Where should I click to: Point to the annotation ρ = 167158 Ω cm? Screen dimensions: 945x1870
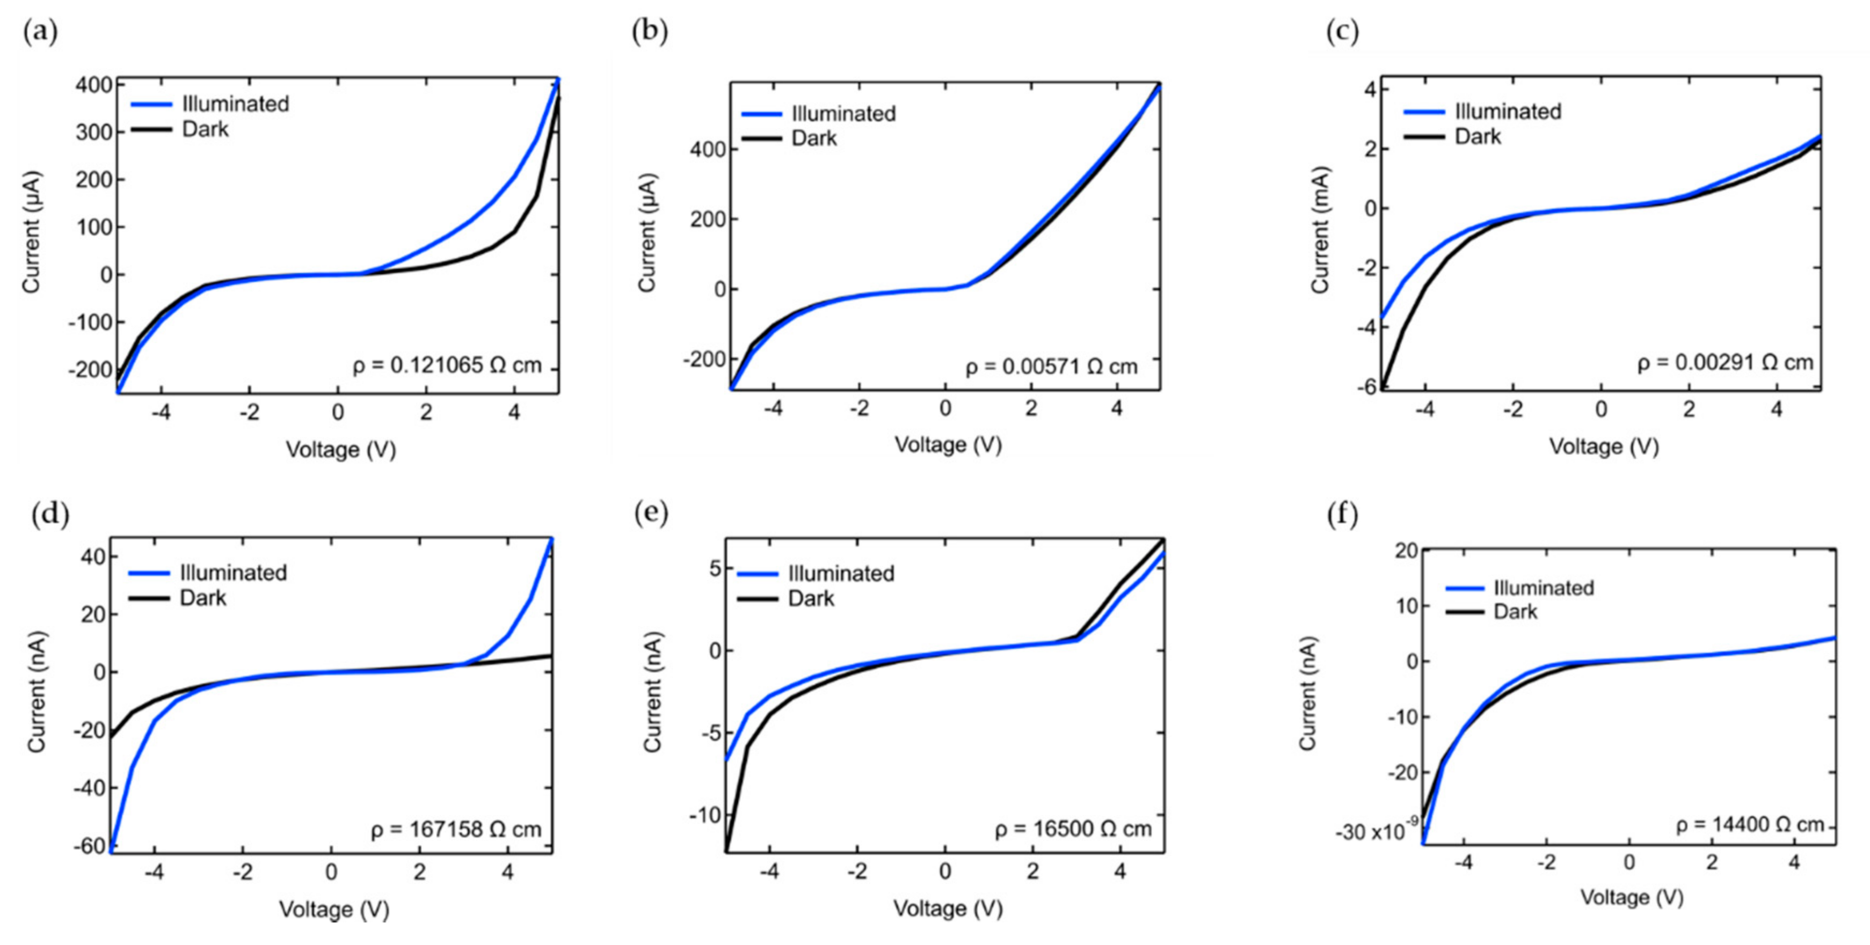point(456,830)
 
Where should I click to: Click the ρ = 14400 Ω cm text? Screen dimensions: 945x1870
point(1750,825)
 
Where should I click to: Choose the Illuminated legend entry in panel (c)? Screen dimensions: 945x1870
point(1507,111)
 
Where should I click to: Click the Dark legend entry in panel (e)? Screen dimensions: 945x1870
point(810,599)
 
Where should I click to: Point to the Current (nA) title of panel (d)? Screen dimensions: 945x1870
point(37,692)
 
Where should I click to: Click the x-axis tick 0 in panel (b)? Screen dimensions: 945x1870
point(944,408)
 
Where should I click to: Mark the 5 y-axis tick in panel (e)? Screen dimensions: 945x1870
point(716,568)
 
